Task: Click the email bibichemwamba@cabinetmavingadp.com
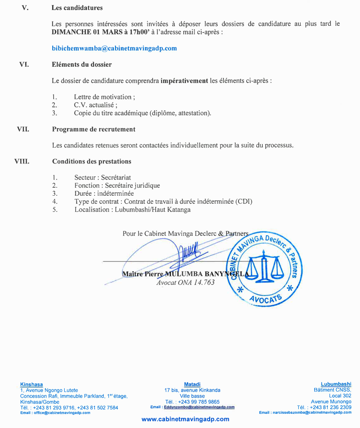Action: (114, 48)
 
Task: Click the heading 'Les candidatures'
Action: (77, 8)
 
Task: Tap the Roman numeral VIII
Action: (22, 161)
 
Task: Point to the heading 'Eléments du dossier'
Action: (82, 64)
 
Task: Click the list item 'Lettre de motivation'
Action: (104, 97)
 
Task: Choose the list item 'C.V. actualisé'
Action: (96, 105)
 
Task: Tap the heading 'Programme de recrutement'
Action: (94, 129)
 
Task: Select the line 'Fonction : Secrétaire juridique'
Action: (116, 186)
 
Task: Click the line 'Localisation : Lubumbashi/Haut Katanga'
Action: (132, 209)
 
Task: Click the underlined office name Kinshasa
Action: (31, 384)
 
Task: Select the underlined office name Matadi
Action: (192, 384)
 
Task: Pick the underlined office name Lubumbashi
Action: (336, 384)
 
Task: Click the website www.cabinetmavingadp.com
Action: (185, 419)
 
